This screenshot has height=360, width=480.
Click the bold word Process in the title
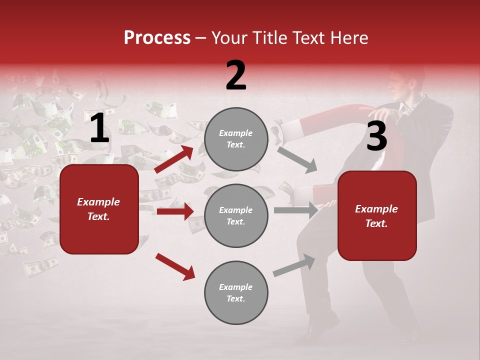tap(157, 38)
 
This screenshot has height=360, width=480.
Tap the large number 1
tap(99, 128)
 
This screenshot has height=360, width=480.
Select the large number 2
tap(236, 75)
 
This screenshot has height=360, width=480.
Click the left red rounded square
tap(99, 209)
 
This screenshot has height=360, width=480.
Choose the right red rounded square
tap(377, 215)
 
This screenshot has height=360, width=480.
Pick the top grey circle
tap(236, 139)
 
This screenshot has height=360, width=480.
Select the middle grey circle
tap(236, 215)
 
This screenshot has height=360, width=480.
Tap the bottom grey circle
tap(236, 292)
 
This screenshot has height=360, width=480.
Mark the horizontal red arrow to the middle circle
tap(175, 211)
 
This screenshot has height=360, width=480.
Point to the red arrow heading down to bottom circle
tap(175, 266)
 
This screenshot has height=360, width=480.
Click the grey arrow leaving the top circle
tap(297, 159)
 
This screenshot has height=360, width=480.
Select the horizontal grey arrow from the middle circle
tap(296, 210)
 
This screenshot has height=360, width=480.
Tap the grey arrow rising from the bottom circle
tap(294, 265)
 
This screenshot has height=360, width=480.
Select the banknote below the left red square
tap(40, 267)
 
